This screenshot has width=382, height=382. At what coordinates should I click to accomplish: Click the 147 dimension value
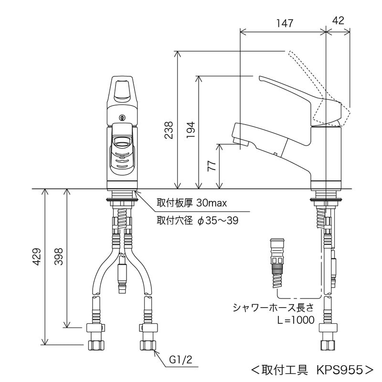tap(285, 23)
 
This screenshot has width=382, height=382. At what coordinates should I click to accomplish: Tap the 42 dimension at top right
tap(338, 21)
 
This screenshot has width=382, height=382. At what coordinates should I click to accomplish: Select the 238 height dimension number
tap(169, 130)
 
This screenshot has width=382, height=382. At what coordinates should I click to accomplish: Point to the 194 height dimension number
tap(191, 130)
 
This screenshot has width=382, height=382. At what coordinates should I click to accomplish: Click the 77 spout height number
tap(212, 166)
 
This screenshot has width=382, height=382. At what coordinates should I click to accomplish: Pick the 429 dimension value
tap(37, 256)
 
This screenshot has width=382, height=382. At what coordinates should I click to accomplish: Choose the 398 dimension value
tap(58, 256)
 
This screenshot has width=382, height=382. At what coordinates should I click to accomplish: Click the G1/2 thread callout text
tap(180, 360)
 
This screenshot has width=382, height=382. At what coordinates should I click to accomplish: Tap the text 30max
tap(212, 202)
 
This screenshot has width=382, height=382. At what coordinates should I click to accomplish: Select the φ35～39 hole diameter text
tap(218, 221)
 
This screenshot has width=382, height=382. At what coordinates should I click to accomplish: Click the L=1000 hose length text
tap(296, 320)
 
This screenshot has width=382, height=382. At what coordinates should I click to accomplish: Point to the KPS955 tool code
tap(340, 370)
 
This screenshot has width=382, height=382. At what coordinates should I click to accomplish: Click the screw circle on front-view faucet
tap(122, 117)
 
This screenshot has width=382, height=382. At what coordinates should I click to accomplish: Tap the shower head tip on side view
tap(240, 141)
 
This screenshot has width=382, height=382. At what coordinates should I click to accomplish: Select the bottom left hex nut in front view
tap(96, 345)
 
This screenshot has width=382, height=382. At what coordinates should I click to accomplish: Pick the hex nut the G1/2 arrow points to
tap(148, 345)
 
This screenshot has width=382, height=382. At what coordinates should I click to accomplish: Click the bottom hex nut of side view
tap(328, 345)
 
